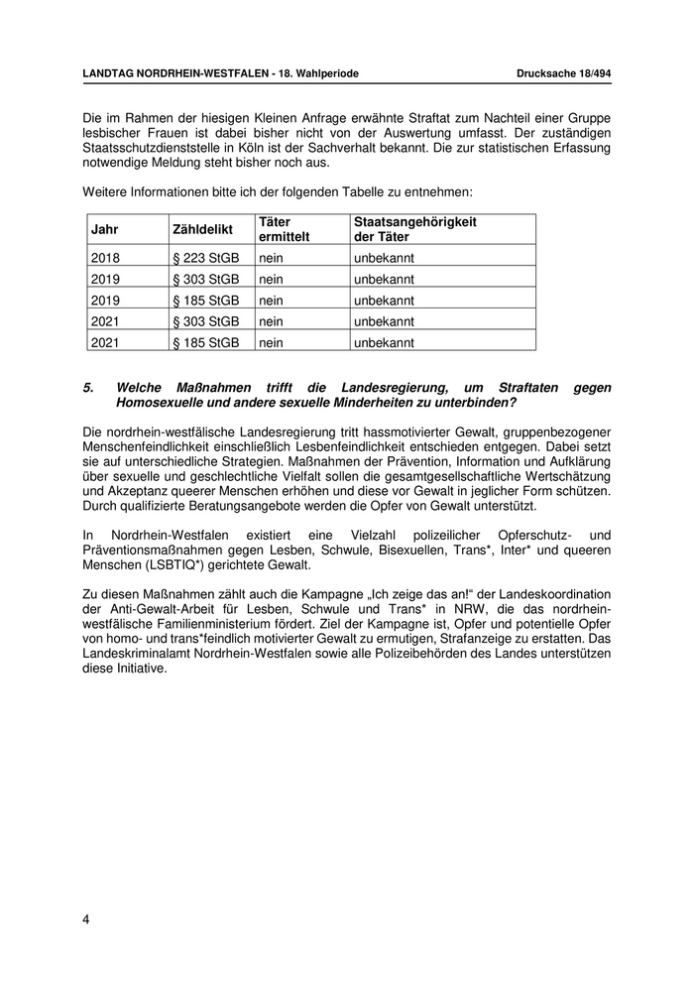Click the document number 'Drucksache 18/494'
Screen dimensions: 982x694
coord(563,73)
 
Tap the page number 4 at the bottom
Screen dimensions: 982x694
coord(86,920)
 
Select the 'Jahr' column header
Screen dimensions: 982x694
coord(104,230)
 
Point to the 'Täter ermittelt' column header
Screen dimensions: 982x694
coord(284,230)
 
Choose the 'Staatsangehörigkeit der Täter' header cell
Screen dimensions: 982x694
coord(415,230)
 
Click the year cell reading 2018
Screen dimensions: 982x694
coord(105,258)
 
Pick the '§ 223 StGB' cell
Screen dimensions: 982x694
coord(206,258)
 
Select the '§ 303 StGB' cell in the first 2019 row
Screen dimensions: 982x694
coord(206,279)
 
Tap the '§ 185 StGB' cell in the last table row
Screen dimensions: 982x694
coord(206,342)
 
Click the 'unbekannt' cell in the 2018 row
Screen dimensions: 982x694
coord(384,258)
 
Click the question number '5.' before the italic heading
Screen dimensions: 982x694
coord(89,388)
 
